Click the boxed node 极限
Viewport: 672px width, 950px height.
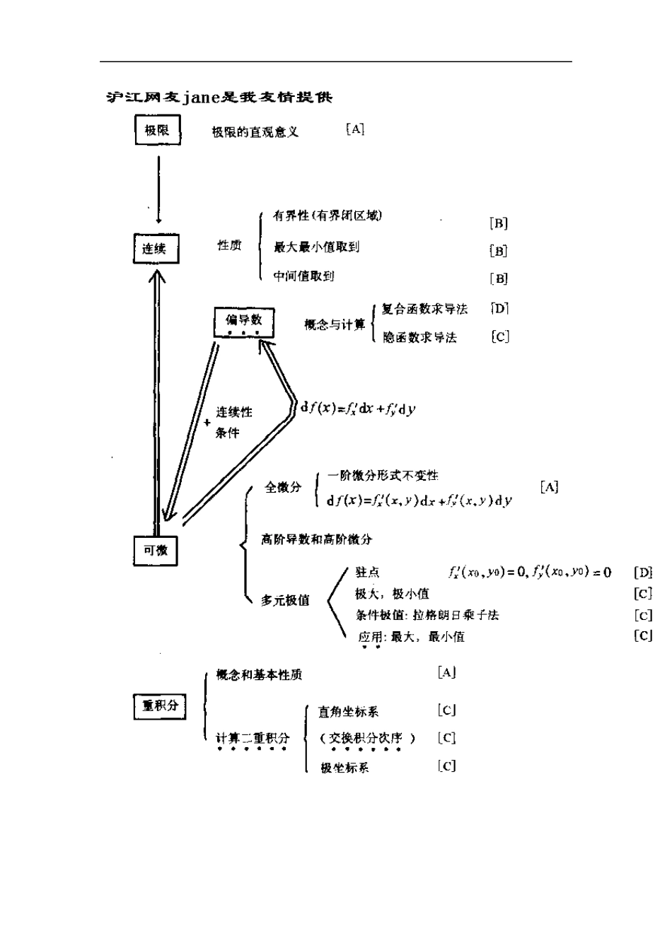(157, 131)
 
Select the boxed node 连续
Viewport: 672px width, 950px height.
(156, 249)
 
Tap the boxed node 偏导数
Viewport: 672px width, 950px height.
(244, 322)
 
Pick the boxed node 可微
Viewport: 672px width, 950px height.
(156, 551)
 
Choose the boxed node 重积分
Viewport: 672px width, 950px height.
(160, 706)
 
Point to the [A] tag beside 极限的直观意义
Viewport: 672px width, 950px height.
(355, 129)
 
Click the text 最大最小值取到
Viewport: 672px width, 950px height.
(316, 247)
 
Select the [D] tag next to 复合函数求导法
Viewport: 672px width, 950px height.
(499, 309)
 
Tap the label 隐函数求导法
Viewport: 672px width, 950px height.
(419, 338)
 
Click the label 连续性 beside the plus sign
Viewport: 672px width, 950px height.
(234, 412)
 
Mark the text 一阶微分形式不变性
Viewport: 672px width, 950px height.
(383, 476)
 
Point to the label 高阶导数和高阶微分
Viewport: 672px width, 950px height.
(316, 539)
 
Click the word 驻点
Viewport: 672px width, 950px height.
(367, 573)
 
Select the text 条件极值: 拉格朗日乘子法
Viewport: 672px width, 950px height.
(427, 615)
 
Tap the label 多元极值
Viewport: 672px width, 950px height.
(285, 600)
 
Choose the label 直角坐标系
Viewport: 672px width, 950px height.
(348, 712)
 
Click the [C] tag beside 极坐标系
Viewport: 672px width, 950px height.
(446, 766)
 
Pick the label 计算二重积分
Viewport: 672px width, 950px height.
(253, 739)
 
